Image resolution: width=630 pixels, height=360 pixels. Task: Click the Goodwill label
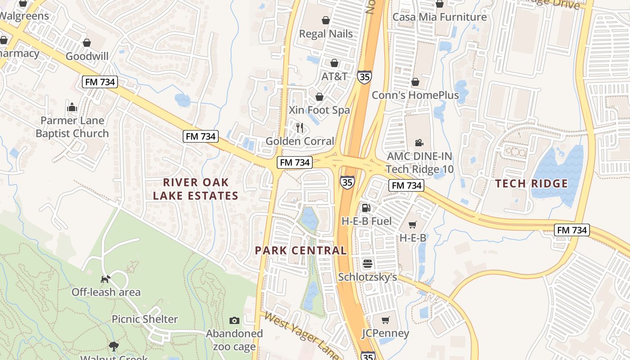87,56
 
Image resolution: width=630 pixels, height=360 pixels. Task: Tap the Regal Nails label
326,34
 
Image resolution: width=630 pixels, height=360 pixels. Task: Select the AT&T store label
334,76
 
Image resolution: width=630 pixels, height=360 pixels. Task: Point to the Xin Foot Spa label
319,110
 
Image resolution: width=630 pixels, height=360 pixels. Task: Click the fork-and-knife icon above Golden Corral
300,128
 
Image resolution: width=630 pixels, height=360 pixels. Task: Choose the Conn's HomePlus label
415,95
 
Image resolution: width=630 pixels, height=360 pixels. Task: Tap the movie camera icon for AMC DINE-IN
419,143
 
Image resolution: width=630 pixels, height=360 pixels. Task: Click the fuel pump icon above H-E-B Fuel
366,208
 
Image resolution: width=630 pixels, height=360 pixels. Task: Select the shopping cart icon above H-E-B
413,225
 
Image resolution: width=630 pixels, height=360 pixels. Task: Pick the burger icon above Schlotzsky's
368,264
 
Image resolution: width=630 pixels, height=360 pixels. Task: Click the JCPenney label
385,333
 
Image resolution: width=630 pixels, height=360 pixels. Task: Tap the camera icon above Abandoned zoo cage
234,320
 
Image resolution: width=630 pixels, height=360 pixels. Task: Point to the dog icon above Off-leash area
105,279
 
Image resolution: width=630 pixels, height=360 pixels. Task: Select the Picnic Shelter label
144,319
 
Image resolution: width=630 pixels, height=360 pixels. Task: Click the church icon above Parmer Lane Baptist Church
72,107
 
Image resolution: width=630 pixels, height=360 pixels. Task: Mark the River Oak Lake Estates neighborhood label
195,189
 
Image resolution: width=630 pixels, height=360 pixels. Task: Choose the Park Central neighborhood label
301,251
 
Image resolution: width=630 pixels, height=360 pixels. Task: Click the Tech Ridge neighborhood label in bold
531,184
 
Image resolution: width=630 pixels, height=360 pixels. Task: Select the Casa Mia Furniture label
439,17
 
